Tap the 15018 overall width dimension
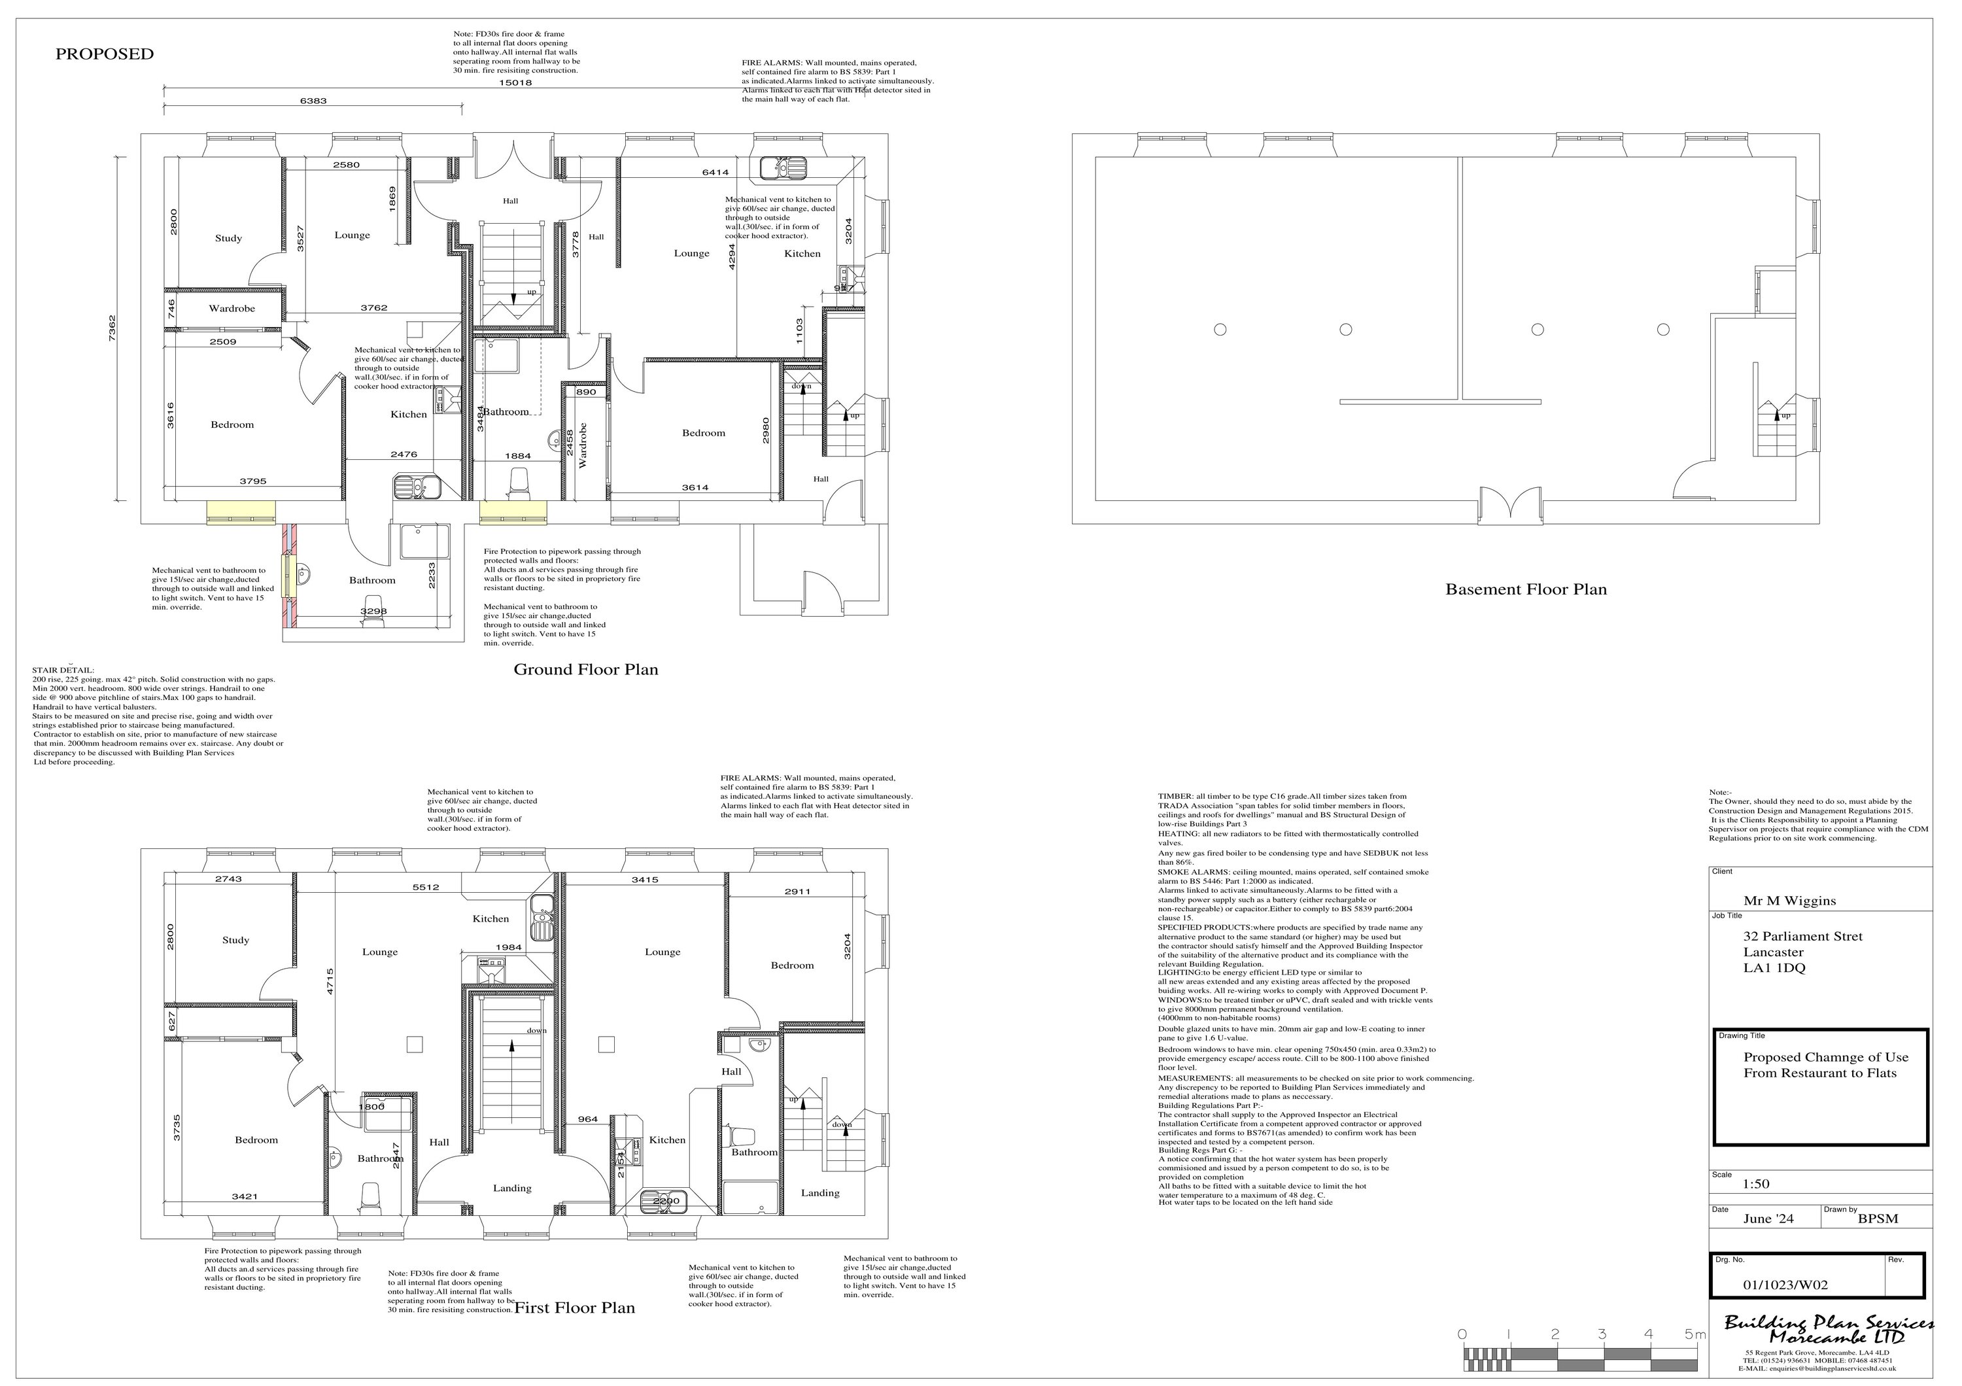tap(515, 83)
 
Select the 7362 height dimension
tap(112, 330)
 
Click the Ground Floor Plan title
tap(585, 669)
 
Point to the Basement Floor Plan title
tap(1525, 589)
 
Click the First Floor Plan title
tap(574, 1308)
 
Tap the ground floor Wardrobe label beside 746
tap(232, 309)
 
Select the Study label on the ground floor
tap(228, 238)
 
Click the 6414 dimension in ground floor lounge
tap(715, 173)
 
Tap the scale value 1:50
tap(1756, 1183)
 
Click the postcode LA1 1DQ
tap(1774, 967)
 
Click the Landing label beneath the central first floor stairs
tap(512, 1188)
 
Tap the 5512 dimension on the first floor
tap(426, 887)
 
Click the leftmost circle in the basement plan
tap(1220, 329)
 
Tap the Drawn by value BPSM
tap(1878, 1219)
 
